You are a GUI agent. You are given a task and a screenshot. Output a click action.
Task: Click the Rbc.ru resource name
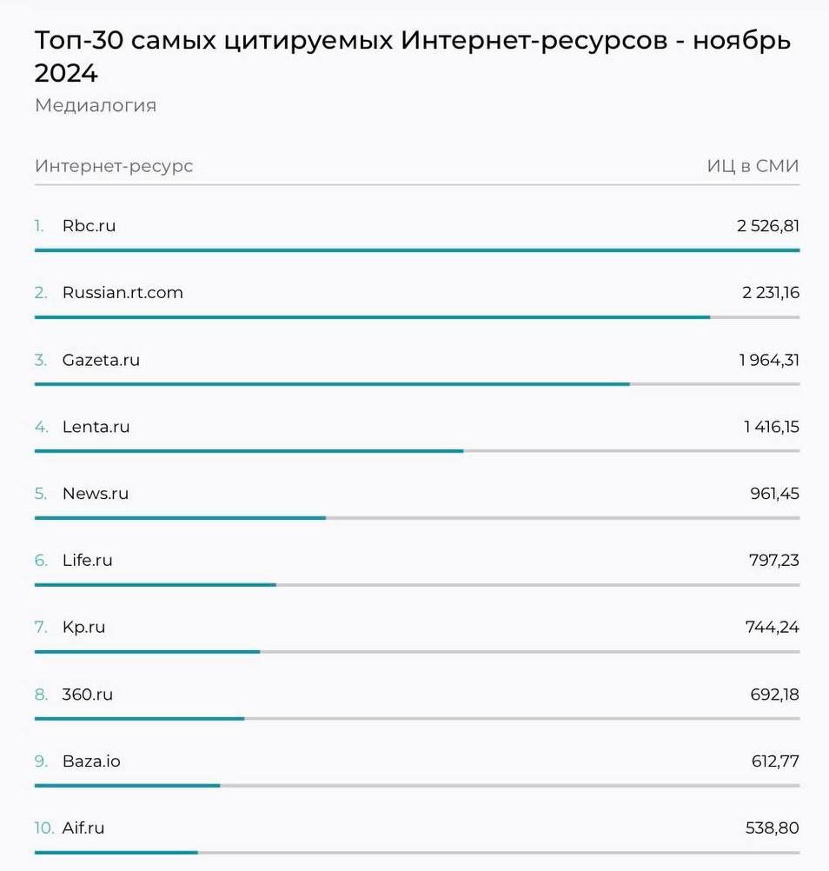(89, 226)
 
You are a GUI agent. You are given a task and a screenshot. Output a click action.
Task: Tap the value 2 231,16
(770, 293)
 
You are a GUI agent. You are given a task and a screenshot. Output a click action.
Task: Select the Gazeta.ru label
(101, 360)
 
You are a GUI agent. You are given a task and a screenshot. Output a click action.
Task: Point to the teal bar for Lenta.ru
(249, 451)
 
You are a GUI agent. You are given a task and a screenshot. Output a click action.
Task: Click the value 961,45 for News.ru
(774, 494)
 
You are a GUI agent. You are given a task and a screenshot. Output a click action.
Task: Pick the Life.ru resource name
(87, 561)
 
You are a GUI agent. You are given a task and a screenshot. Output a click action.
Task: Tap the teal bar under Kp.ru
(147, 652)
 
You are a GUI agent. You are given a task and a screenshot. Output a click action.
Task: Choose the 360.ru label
(87, 695)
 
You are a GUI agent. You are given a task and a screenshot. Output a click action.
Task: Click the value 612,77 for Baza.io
(775, 761)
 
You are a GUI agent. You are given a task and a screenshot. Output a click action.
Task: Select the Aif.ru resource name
(83, 828)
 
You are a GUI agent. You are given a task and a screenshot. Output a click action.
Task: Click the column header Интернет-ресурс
(114, 166)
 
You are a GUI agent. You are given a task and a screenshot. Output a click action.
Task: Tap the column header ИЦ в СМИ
(753, 166)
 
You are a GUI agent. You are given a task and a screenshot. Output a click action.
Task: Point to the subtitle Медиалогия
(96, 106)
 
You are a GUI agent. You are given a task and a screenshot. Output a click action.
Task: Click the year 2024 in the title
(66, 74)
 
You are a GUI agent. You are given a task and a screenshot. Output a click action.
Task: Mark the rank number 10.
(43, 828)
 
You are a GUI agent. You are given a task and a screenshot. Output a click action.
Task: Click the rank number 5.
(41, 494)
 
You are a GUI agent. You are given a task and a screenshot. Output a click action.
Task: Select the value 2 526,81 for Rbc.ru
(768, 226)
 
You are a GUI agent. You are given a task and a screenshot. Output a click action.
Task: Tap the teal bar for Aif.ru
(116, 853)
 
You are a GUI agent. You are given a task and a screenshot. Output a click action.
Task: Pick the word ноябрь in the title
(741, 41)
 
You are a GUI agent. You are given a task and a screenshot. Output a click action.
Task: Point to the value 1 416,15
(771, 427)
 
